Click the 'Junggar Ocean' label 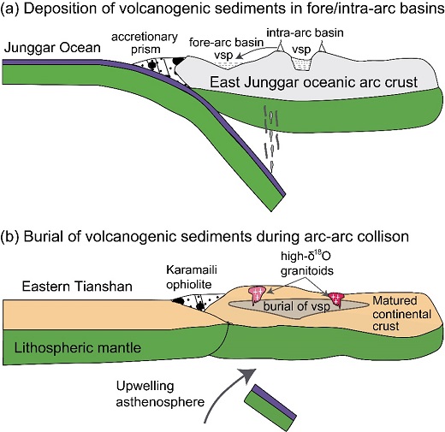(52, 48)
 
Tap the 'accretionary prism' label (145, 43)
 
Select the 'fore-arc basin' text (226, 42)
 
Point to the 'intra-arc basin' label (305, 33)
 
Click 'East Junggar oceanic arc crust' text (314, 82)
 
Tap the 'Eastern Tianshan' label (77, 287)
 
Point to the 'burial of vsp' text (297, 306)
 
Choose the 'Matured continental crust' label (401, 313)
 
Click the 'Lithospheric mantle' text (78, 348)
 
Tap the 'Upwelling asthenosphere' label (160, 394)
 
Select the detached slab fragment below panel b (270, 405)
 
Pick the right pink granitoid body (336, 299)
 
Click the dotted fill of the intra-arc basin (302, 63)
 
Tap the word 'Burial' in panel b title (43, 237)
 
